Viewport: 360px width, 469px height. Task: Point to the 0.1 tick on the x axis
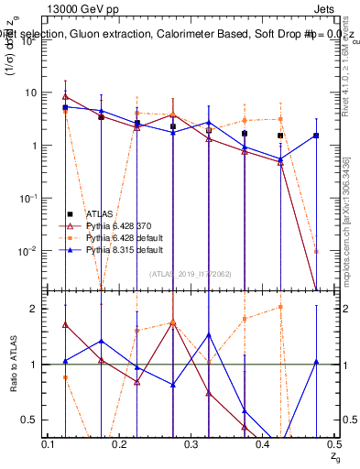pyautogui.click(x=50, y=444)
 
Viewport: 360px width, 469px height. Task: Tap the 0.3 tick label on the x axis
pyautogui.click(x=191, y=444)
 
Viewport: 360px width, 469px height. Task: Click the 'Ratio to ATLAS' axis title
pyautogui.click(x=12, y=365)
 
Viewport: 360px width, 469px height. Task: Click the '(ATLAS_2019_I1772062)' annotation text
pyautogui.click(x=191, y=273)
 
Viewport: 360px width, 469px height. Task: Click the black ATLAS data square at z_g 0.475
pyautogui.click(x=315, y=136)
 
